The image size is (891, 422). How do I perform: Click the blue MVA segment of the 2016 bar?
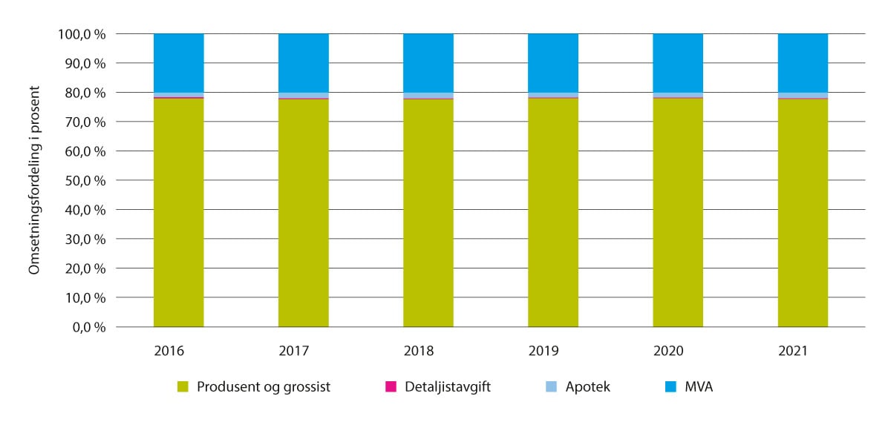click(x=178, y=63)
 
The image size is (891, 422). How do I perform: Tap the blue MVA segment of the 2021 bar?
click(x=803, y=63)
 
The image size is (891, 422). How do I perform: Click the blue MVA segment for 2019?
click(x=553, y=63)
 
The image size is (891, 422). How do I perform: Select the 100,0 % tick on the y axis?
click(x=82, y=34)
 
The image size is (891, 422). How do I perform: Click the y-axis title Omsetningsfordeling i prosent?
click(x=34, y=181)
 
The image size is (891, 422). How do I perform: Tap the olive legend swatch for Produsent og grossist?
click(x=183, y=386)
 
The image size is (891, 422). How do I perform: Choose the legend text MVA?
click(x=699, y=386)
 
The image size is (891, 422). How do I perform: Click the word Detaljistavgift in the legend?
click(x=448, y=386)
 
